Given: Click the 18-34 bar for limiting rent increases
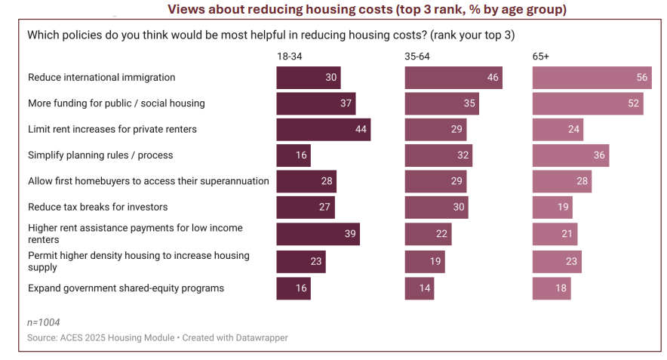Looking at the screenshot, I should pyautogui.click(x=323, y=129).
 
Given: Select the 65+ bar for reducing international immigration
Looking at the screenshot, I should pyautogui.click(x=592, y=78).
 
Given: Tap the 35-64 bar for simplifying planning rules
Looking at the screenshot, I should pyautogui.click(x=438, y=155).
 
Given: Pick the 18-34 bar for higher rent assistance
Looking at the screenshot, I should pyautogui.click(x=318, y=234).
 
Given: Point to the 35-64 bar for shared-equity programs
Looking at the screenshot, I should pyautogui.click(x=420, y=288).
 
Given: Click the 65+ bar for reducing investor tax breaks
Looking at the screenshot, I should pyautogui.click(x=552, y=207).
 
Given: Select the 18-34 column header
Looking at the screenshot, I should pyautogui.click(x=289, y=57).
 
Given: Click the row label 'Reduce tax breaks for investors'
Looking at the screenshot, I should pyautogui.click(x=98, y=207).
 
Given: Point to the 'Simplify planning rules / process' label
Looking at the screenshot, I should pyautogui.click(x=100, y=155).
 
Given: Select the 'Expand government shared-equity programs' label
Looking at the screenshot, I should pyautogui.click(x=126, y=288).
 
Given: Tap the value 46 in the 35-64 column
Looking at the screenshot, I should pyautogui.click(x=493, y=78).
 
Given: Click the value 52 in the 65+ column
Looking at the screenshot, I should pyautogui.click(x=633, y=103).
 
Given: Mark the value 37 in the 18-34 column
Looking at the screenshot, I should pyautogui.click(x=346, y=103).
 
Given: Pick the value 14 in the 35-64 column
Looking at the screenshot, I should pyautogui.click(x=426, y=288).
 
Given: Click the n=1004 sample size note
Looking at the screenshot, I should pyautogui.click(x=44, y=322).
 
